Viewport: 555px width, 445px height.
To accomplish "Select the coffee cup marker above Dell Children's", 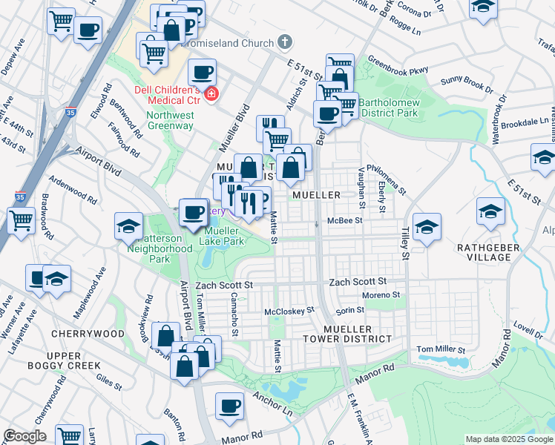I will coord(201,73).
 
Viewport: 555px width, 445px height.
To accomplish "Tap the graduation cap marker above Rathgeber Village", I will coord(490,212).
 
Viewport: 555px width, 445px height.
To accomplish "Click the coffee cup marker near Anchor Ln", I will coord(229,406).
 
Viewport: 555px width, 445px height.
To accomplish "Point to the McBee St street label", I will coord(347,220).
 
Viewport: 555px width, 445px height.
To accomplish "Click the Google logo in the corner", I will coord(24,436).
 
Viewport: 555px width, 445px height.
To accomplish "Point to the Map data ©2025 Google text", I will coord(508,439).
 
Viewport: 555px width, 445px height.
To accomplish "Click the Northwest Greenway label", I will coord(170,120).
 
